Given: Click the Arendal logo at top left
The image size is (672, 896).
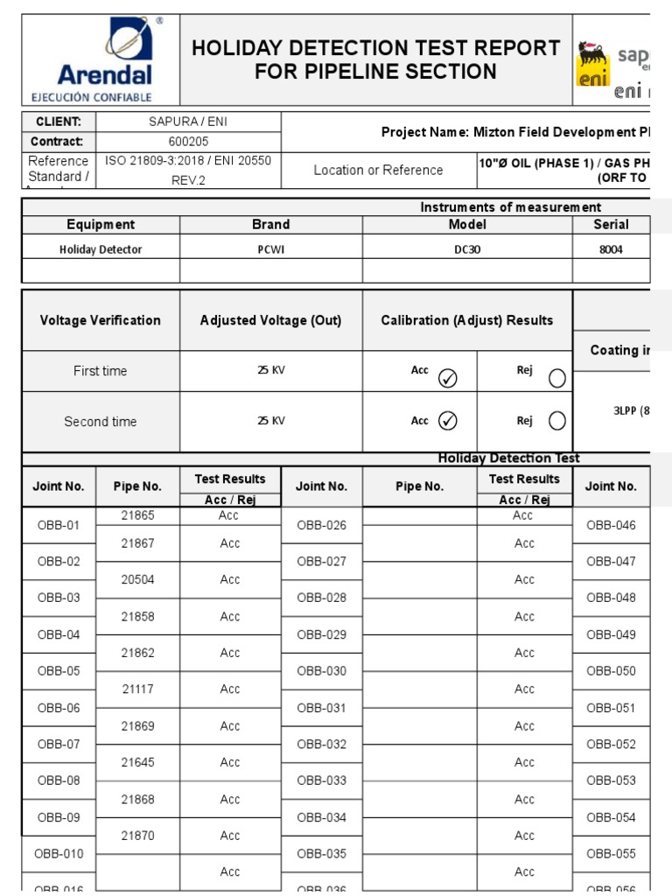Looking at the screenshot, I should click(104, 59).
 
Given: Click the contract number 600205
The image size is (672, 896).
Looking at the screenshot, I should click(188, 142).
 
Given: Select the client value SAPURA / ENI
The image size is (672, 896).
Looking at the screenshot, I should click(188, 122).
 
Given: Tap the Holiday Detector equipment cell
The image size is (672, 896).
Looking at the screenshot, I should click(101, 249).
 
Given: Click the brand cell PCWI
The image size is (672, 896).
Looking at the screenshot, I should click(271, 249).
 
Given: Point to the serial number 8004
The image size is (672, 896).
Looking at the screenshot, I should click(611, 249).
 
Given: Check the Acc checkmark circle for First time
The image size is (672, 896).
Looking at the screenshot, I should click(447, 378).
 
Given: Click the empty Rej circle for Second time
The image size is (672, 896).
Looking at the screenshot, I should click(556, 421).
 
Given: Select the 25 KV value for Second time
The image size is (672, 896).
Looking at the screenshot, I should click(271, 421).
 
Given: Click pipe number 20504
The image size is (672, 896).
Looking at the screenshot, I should click(137, 579).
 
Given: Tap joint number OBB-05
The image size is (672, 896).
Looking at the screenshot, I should click(59, 671).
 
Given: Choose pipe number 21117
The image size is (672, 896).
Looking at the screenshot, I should click(137, 689).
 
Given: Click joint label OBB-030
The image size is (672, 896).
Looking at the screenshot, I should click(321, 671).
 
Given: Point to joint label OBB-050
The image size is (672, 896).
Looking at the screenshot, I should click(611, 671).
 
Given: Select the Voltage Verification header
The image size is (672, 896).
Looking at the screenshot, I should click(101, 320).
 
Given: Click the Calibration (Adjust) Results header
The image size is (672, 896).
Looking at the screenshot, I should click(466, 320).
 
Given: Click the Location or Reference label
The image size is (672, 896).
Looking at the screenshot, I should click(378, 170).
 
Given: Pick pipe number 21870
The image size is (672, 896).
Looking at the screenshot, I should click(137, 836).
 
